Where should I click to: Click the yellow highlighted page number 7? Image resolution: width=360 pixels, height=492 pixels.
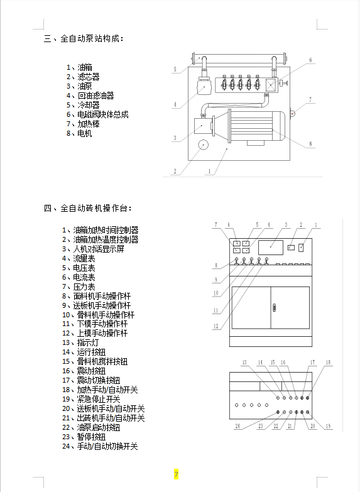[x=176, y=474]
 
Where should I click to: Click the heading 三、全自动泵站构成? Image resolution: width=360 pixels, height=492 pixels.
[x=84, y=39]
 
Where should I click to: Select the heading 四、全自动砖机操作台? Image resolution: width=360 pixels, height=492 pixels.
[x=88, y=209]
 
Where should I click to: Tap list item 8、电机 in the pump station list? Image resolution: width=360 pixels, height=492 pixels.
[x=79, y=133]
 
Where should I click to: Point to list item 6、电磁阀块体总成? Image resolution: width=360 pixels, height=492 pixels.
[x=97, y=114]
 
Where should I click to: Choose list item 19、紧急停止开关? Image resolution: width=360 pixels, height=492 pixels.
[x=91, y=399]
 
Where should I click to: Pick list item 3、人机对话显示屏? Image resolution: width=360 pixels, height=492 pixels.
[x=93, y=249]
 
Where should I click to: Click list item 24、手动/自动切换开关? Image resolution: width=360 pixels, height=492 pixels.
[x=100, y=446]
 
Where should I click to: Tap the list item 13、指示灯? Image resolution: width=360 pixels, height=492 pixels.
[x=80, y=342]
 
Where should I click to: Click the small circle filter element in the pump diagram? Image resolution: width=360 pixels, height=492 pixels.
[x=204, y=145]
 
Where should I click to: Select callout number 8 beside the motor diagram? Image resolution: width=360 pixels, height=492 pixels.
[x=310, y=144]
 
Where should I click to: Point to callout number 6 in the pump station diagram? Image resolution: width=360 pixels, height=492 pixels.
[x=310, y=60]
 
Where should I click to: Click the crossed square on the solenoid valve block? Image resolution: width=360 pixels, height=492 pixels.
[x=271, y=85]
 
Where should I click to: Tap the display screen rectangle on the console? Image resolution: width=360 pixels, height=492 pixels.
[x=271, y=247]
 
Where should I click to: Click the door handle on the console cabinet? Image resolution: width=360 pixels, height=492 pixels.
[x=275, y=307]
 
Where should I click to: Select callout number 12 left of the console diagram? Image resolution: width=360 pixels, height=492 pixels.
[x=215, y=326]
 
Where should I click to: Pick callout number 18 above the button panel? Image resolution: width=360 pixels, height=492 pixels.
[x=328, y=363]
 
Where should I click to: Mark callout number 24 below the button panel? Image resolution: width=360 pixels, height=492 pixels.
[x=237, y=426]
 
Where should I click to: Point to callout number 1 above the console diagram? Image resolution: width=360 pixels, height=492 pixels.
[x=316, y=225]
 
